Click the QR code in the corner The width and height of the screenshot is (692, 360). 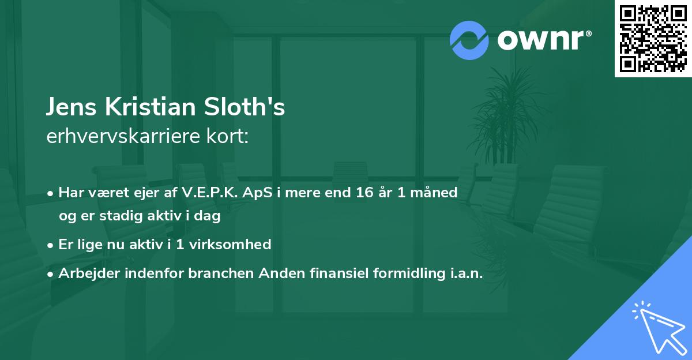click(653, 39)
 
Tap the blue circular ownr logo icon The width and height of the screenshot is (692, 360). click(469, 39)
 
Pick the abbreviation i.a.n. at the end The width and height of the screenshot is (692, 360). click(466, 273)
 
